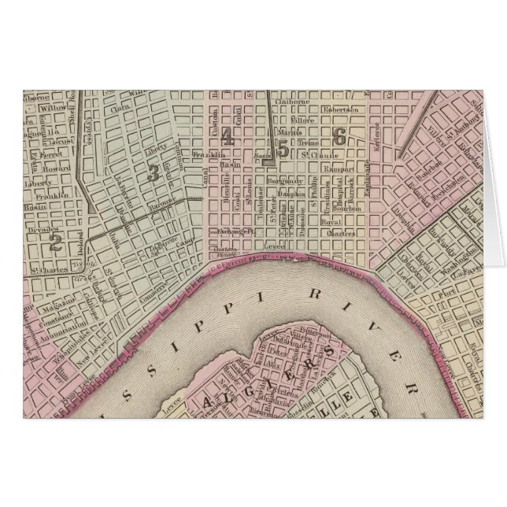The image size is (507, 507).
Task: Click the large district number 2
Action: click(x=55, y=242)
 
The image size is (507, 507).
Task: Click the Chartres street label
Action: click(x=339, y=233)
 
